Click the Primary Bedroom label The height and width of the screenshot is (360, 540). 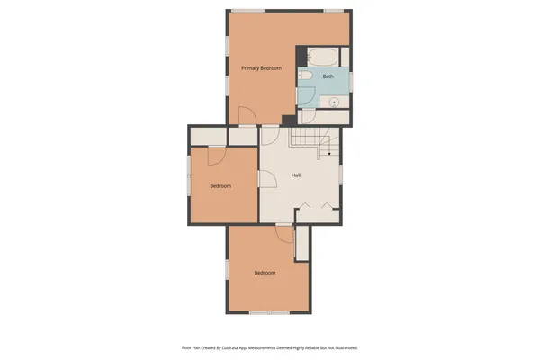[262, 68]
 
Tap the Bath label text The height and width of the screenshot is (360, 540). [328, 76]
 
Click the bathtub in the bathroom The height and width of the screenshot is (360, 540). [322, 58]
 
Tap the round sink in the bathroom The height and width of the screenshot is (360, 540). [334, 103]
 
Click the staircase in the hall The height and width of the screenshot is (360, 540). [310, 139]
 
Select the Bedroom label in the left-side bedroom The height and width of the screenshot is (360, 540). [220, 186]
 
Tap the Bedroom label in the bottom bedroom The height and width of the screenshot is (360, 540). [264, 273]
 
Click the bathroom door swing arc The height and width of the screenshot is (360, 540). [308, 115]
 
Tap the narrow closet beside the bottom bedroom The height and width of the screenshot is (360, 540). [302, 241]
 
